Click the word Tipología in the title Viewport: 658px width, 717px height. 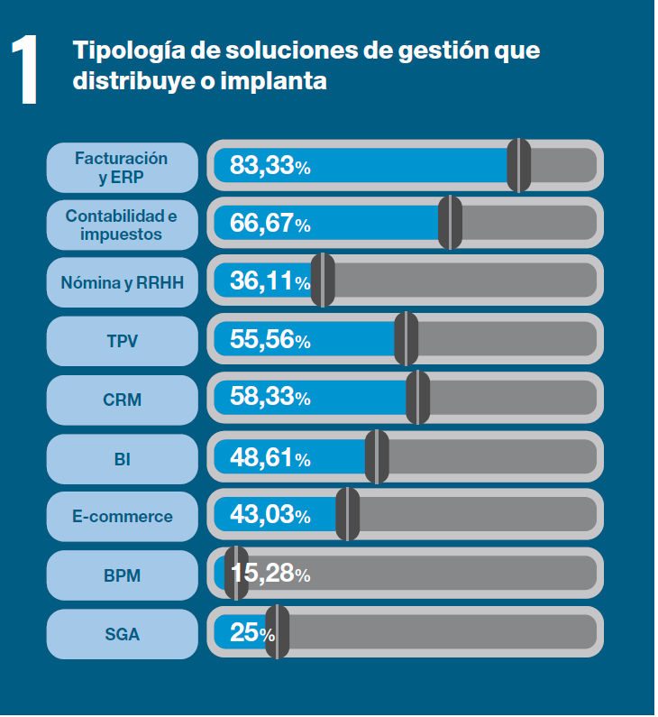[x=119, y=50]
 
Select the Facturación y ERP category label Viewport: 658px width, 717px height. [x=122, y=167]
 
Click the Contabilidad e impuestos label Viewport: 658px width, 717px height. [x=122, y=225]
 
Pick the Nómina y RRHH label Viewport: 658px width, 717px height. [x=122, y=283]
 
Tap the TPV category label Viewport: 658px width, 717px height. [x=122, y=341]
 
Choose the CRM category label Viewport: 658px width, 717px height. [x=122, y=400]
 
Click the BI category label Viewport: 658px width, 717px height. [x=122, y=458]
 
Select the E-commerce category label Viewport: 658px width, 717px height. [x=122, y=517]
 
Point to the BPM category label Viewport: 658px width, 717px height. [x=122, y=575]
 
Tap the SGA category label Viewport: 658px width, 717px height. [x=122, y=634]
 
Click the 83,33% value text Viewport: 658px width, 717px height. [x=270, y=166]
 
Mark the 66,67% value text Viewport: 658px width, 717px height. [x=270, y=224]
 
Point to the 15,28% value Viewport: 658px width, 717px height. [x=270, y=574]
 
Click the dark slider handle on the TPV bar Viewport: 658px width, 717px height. [x=407, y=339]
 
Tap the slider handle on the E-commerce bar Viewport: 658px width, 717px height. [x=348, y=515]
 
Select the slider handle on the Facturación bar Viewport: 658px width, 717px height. [x=518, y=165]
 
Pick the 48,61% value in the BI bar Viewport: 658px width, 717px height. [x=270, y=458]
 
